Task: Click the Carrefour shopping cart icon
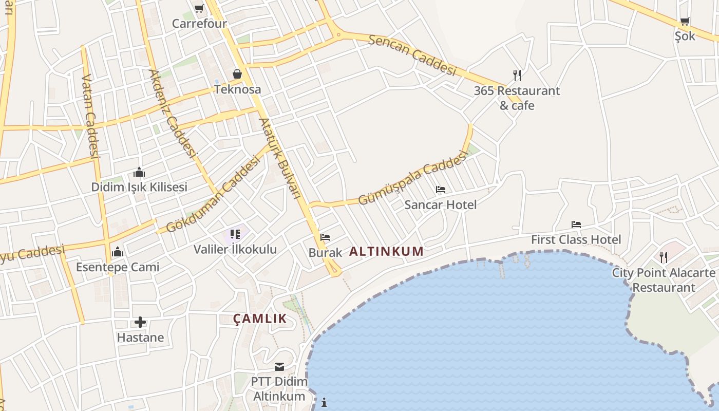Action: [199, 8]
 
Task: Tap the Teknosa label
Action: [237, 89]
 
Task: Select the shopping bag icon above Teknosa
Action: [237, 74]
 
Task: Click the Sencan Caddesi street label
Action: [412, 55]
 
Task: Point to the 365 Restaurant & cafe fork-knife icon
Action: [517, 76]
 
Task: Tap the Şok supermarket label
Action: [685, 36]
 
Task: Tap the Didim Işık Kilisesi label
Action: [139, 187]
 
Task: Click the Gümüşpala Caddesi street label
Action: [410, 177]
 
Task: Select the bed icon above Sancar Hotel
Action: [441, 190]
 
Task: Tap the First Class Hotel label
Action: [576, 239]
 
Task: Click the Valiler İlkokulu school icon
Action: [235, 235]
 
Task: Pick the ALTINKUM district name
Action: [386, 251]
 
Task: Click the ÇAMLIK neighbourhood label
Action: [260, 319]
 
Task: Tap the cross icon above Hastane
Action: [140, 323]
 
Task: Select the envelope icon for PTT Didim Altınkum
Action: [279, 367]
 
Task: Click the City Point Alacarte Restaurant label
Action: [664, 279]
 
